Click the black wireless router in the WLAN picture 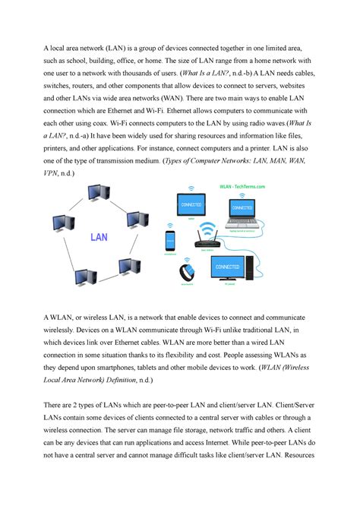(x=207, y=240)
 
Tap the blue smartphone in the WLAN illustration (x=169, y=242)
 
